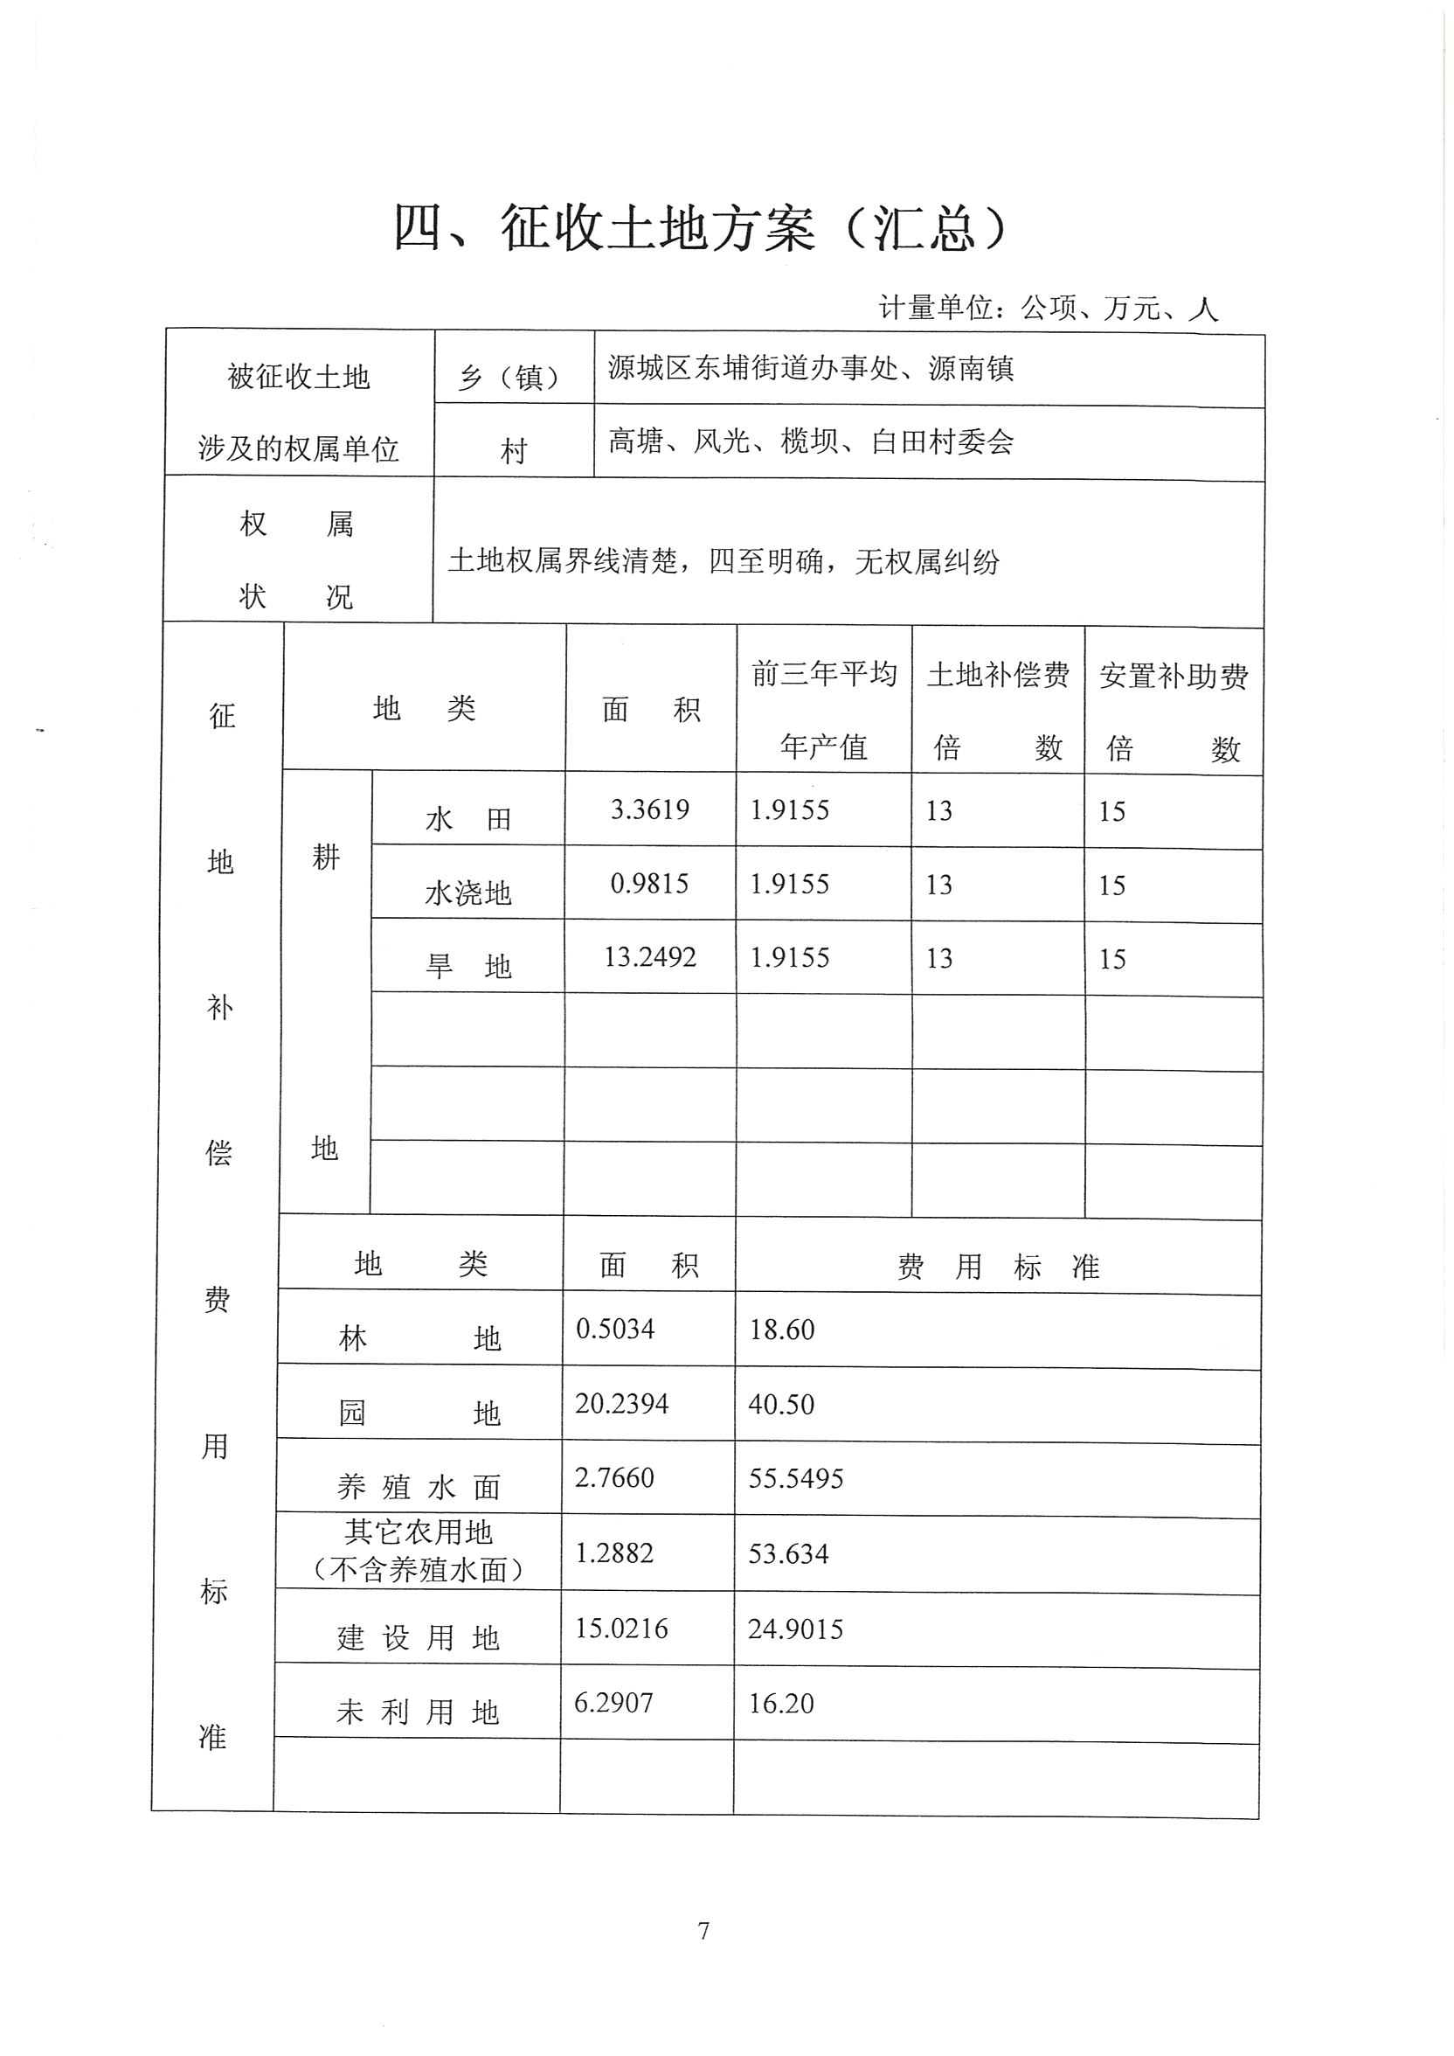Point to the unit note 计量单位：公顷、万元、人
coord(1048,308)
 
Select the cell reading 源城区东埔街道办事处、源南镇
coord(810,368)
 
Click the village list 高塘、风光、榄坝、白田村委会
coord(810,441)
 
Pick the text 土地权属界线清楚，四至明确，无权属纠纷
coord(724,561)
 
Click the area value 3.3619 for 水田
coord(650,809)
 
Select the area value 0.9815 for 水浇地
coord(649,884)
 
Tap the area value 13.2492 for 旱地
coord(650,957)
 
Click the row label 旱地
coord(468,967)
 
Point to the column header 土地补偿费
coord(997,675)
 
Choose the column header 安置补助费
coord(1173,676)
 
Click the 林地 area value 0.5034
coord(615,1329)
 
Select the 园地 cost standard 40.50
coord(782,1404)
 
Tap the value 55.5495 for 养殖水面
coord(796,1478)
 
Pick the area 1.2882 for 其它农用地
coord(614,1552)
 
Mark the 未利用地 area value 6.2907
coord(613,1702)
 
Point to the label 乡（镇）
coord(514,377)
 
